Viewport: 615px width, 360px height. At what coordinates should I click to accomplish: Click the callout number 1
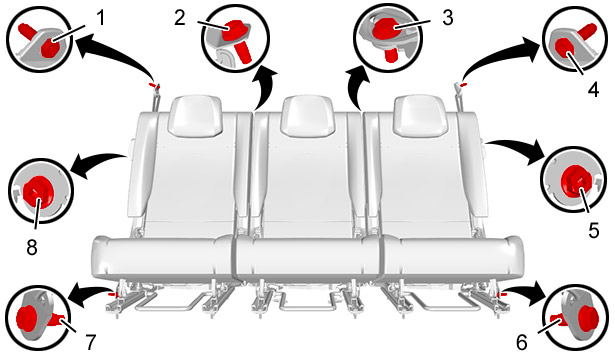[101, 18]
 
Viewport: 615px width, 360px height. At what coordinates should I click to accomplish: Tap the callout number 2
[180, 18]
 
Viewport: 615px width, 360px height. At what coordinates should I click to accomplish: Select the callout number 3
[448, 18]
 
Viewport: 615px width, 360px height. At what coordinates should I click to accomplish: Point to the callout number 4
[593, 89]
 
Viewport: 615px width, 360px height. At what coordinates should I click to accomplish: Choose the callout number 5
[594, 230]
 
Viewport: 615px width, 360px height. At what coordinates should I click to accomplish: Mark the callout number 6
[522, 343]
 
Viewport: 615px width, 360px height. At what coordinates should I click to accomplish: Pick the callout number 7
[90, 342]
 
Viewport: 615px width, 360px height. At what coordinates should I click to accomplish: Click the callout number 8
[32, 247]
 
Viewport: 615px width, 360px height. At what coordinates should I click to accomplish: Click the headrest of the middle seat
[308, 116]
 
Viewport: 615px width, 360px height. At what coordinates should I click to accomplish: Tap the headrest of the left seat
[195, 116]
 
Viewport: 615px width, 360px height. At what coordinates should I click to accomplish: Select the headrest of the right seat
[420, 116]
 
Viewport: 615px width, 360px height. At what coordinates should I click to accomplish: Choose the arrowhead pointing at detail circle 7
[77, 298]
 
